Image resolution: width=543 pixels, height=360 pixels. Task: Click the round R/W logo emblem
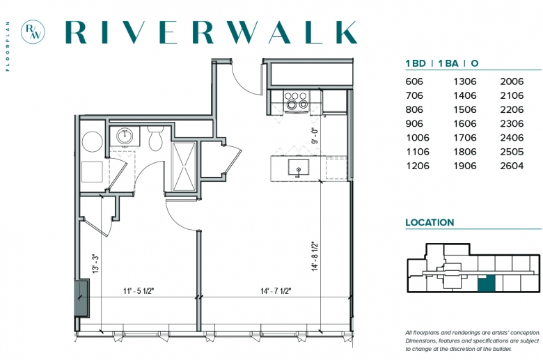(33, 31)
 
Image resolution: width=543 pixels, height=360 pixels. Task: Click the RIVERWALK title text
(211, 32)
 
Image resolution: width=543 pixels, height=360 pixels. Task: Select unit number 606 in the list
(414, 81)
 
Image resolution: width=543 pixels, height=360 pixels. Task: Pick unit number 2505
(512, 152)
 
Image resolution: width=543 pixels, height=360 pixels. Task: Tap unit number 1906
(465, 166)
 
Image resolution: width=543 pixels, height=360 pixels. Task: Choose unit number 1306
(465, 81)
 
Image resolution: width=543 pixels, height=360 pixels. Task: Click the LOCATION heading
(430, 222)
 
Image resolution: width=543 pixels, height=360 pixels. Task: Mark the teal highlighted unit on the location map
(486, 283)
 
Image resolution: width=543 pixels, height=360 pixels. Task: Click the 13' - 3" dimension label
(95, 264)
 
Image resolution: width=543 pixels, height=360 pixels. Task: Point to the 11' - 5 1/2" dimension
(139, 290)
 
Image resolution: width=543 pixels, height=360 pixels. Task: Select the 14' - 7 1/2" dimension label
(276, 290)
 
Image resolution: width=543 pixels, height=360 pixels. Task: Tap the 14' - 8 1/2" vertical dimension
(315, 256)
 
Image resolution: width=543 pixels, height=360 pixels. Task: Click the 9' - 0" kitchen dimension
(315, 136)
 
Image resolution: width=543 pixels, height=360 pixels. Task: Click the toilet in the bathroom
(155, 139)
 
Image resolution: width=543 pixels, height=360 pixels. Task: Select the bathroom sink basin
(125, 136)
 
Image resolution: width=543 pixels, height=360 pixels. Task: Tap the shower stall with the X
(184, 166)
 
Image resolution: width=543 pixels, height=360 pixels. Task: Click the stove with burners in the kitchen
(296, 100)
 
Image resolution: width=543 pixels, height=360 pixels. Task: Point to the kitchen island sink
(299, 168)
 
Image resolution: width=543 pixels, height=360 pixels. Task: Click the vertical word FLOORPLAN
(8, 47)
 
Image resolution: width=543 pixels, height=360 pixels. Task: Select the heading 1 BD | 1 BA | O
(442, 63)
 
